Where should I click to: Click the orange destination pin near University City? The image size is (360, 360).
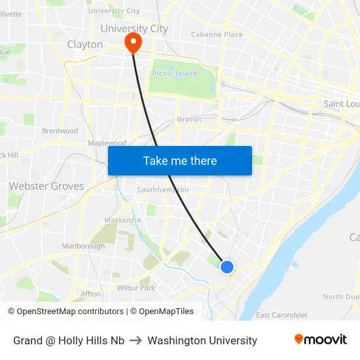(x=133, y=43)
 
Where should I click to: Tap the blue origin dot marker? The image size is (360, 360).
(x=227, y=266)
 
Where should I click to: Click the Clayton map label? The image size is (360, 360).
(x=85, y=45)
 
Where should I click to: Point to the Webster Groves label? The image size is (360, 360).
(x=46, y=186)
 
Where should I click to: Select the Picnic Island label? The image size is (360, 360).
(x=174, y=74)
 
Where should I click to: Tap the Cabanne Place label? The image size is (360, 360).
(x=217, y=34)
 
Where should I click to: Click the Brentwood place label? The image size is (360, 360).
(x=60, y=131)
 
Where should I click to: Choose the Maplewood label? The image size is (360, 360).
(x=107, y=143)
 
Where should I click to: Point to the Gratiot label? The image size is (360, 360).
(x=189, y=120)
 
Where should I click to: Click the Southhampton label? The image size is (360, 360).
(x=162, y=190)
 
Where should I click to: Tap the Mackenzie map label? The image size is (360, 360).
(x=122, y=220)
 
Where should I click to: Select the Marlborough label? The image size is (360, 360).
(x=83, y=246)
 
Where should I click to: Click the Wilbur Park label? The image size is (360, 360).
(x=135, y=287)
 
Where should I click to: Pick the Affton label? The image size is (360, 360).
(x=91, y=294)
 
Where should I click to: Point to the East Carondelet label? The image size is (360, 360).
(x=282, y=315)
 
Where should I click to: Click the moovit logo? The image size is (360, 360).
(x=320, y=340)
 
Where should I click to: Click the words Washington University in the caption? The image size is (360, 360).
(x=202, y=340)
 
